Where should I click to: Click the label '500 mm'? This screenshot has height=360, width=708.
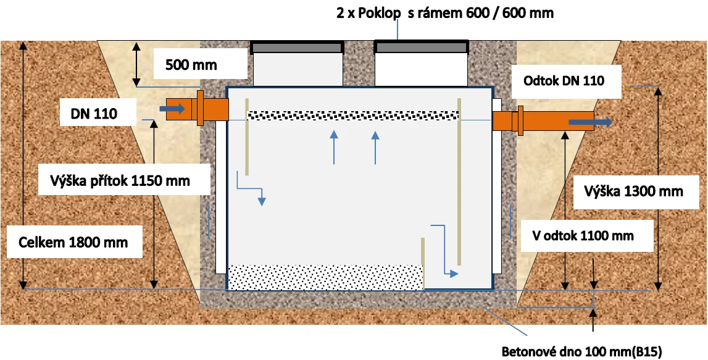click(x=191, y=65)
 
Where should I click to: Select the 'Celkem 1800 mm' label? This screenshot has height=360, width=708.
click(x=73, y=242)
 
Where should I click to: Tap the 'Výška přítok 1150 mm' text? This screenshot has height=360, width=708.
click(x=119, y=180)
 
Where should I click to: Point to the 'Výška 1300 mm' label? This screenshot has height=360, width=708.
click(x=633, y=191)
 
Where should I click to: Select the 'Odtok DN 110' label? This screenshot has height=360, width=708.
click(x=564, y=82)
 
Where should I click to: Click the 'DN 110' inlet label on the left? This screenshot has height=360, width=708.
click(x=94, y=114)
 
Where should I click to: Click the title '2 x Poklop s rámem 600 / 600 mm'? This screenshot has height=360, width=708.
click(x=445, y=13)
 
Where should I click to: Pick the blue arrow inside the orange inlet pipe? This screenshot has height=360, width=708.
click(x=172, y=109)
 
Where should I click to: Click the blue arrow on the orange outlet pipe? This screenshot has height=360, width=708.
click(x=590, y=122)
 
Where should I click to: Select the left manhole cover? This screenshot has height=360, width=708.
click(x=297, y=47)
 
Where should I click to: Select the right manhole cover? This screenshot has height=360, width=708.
click(x=421, y=47)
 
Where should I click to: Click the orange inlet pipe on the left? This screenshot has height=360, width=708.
click(x=198, y=109)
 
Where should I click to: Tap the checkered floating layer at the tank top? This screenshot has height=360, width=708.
click(x=354, y=115)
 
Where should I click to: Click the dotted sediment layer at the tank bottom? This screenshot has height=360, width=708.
click(x=325, y=277)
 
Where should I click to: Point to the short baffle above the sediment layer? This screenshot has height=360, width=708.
click(x=423, y=263)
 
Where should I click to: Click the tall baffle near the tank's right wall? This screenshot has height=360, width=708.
click(x=459, y=181)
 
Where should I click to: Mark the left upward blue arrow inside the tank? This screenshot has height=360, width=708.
click(x=334, y=147)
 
